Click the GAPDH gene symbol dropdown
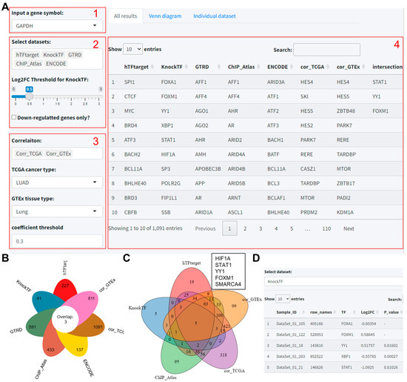click(x=52, y=25)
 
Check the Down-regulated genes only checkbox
click(x=16, y=117)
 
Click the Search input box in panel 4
click(x=326, y=50)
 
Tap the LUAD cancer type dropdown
click(x=52, y=189)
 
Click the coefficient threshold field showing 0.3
click(x=52, y=241)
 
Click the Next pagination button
click(x=349, y=228)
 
